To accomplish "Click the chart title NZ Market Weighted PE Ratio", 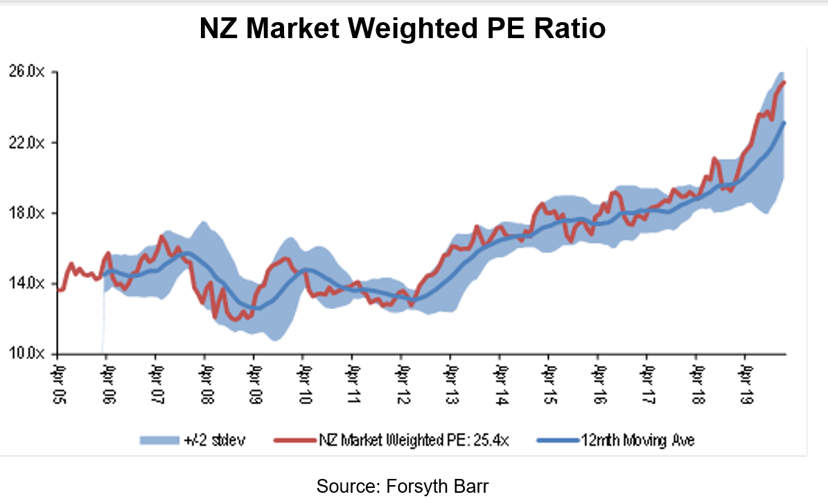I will pyautogui.click(x=403, y=29).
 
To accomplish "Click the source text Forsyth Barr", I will pyautogui.click(x=403, y=486).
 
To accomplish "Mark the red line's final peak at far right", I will pyautogui.click(x=784, y=82).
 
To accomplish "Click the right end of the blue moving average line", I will pyautogui.click(x=784, y=123).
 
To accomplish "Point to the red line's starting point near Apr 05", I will pyautogui.click(x=59, y=290).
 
